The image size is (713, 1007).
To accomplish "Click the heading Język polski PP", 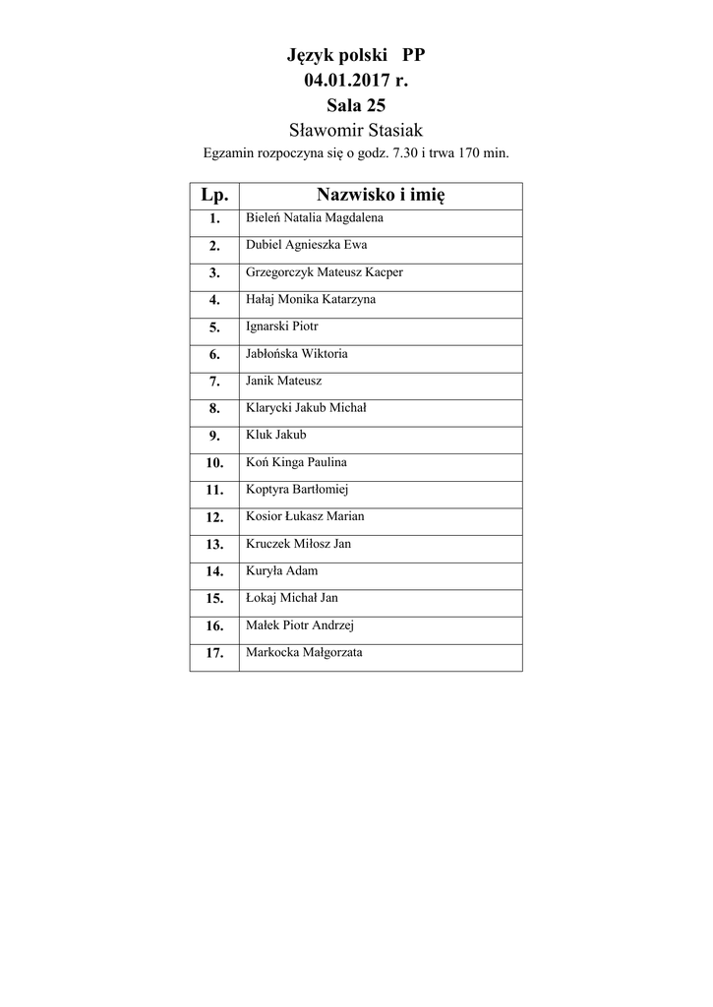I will point(355,57).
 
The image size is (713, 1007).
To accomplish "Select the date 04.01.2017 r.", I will point(355,81).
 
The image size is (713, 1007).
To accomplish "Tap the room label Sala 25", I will point(355,105).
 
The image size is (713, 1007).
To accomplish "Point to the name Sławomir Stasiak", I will point(355,130).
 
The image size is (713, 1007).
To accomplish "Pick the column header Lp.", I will point(214,195).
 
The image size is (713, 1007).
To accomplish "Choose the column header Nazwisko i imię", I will point(381,195).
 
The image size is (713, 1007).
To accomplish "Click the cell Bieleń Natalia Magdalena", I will point(314,217).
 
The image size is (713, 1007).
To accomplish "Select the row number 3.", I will point(214,273).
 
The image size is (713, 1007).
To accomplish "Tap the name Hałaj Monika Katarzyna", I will point(310,299).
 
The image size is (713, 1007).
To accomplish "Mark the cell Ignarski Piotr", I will point(281,326).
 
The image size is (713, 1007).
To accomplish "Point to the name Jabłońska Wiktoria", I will point(296,353).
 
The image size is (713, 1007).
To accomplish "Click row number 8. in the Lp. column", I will point(214,409).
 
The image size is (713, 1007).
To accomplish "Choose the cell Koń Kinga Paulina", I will point(295,461).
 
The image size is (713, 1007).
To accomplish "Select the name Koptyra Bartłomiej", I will point(297,489).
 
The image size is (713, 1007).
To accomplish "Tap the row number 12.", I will point(214,517).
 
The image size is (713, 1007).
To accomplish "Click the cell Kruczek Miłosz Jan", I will point(298,543).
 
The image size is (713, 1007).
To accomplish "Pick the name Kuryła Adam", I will point(281,570).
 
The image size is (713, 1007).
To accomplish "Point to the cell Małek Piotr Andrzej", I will point(299,624).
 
